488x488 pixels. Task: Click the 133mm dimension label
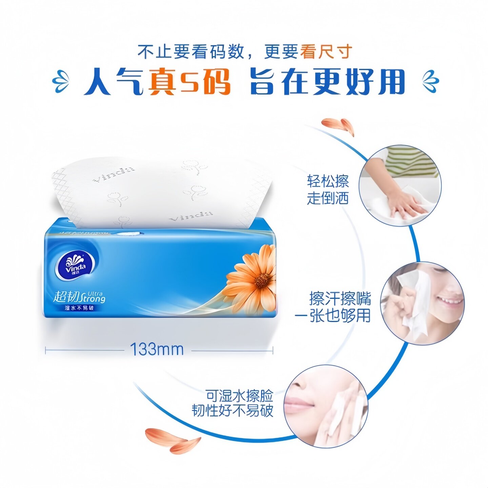(157, 349)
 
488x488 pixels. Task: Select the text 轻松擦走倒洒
(328, 189)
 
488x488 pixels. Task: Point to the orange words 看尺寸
(326, 52)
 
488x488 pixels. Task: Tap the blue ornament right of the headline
(430, 81)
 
